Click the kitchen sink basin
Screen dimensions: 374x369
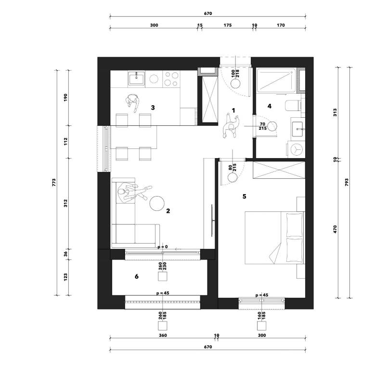click(x=136, y=79)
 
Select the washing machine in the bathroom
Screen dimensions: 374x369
click(x=296, y=149)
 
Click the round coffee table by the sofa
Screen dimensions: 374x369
click(x=157, y=203)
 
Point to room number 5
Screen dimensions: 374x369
click(x=244, y=197)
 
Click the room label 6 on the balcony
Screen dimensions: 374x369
click(x=137, y=276)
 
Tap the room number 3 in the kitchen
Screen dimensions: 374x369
click(x=153, y=108)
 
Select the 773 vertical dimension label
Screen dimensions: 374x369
click(x=54, y=183)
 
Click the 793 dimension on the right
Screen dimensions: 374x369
click(x=347, y=183)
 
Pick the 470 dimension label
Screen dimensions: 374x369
click(x=335, y=229)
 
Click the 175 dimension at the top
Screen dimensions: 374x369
click(x=228, y=25)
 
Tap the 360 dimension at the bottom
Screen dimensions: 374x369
click(x=163, y=335)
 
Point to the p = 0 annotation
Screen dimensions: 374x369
click(x=163, y=247)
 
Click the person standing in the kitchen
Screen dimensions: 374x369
click(x=133, y=102)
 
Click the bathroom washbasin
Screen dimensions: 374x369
click(x=297, y=129)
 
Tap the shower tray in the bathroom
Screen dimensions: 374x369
click(x=276, y=80)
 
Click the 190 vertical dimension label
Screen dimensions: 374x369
click(x=65, y=98)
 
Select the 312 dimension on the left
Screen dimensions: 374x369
click(x=65, y=203)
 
